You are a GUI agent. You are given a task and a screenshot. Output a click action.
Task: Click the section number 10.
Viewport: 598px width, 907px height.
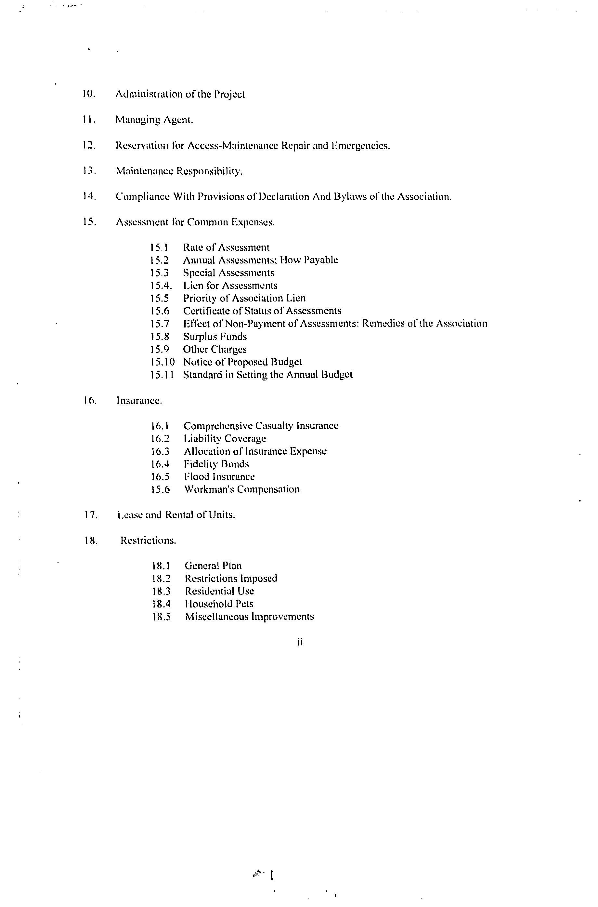[88, 94]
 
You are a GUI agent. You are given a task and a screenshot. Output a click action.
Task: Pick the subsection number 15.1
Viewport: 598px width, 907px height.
[160, 247]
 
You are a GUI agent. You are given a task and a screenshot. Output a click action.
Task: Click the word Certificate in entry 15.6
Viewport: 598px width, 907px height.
[206, 311]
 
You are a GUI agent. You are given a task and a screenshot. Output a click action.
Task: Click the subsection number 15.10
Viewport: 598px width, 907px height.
[162, 362]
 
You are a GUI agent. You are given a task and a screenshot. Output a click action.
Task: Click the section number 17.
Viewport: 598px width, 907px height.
[91, 515]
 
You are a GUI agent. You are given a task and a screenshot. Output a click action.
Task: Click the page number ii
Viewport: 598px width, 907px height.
[300, 642]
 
